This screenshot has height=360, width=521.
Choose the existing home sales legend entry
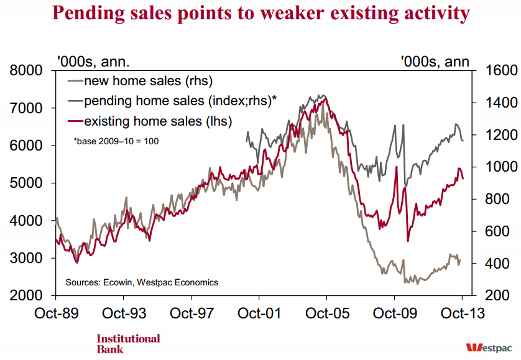click(x=157, y=121)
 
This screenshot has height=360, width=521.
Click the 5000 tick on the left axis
click(x=27, y=183)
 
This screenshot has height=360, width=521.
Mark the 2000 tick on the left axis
click(x=27, y=296)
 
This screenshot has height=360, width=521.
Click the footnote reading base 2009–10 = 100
click(x=116, y=141)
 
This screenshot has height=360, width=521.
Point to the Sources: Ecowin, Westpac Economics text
click(x=142, y=282)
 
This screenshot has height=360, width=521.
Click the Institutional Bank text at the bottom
click(x=128, y=343)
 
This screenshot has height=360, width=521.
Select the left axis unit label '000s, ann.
click(x=93, y=61)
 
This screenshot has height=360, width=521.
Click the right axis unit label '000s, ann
click(x=435, y=61)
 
